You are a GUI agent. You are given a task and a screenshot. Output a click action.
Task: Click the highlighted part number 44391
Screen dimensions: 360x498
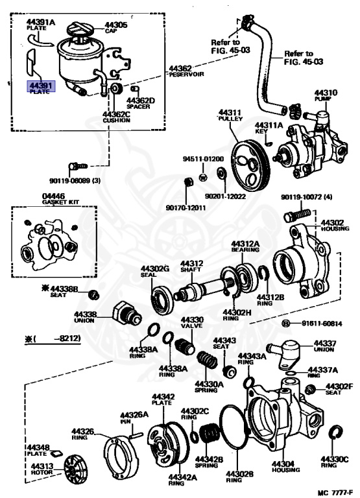40,85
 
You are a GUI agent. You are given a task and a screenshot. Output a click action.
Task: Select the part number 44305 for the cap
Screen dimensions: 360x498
116,25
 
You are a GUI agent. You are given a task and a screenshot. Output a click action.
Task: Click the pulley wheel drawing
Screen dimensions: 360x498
250,165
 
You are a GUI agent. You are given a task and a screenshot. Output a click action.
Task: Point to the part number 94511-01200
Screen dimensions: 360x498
203,159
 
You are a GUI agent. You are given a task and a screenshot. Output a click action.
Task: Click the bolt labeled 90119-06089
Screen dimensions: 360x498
78,166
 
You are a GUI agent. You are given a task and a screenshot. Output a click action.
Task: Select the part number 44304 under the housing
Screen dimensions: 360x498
283,464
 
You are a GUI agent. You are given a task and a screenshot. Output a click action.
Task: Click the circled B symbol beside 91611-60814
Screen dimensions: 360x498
286,324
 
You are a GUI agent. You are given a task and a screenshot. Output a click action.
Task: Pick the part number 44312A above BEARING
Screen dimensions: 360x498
245,244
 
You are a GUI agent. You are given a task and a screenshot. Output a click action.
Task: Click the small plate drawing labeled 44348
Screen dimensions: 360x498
56,453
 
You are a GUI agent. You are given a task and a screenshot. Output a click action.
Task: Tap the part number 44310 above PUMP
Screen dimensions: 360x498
326,93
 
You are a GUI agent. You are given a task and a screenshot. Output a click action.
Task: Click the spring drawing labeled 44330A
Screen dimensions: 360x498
207,360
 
